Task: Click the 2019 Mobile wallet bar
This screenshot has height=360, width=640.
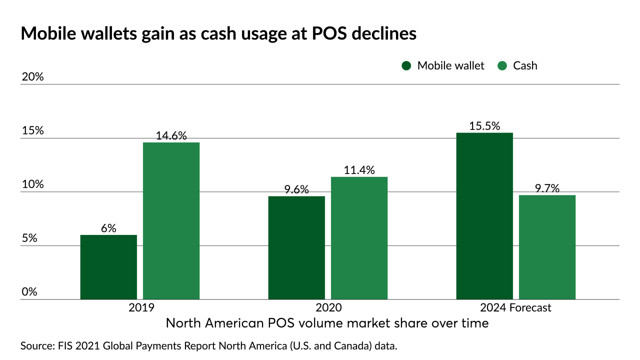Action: point(108,267)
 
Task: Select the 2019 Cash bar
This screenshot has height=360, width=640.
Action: point(171,221)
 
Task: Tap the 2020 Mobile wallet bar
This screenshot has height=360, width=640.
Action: point(296,247)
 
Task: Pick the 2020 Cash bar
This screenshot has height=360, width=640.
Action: point(359,238)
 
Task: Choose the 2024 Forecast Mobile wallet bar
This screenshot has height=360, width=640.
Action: point(484,216)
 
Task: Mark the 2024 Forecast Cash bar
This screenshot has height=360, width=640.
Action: point(547,247)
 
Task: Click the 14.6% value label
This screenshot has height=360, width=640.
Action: point(171,135)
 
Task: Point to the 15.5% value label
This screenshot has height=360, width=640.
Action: point(484,126)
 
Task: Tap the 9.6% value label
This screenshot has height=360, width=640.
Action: point(296,189)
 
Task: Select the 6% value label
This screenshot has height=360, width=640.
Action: point(108,228)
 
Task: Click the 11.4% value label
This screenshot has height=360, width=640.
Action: point(359,170)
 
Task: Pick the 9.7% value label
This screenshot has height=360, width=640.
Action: point(547,188)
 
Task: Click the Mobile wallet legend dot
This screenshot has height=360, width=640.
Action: point(406,65)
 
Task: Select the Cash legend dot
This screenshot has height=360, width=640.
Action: point(502,65)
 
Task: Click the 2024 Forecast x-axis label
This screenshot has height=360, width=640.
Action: point(516,307)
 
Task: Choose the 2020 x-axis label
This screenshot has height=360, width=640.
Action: point(328,307)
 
